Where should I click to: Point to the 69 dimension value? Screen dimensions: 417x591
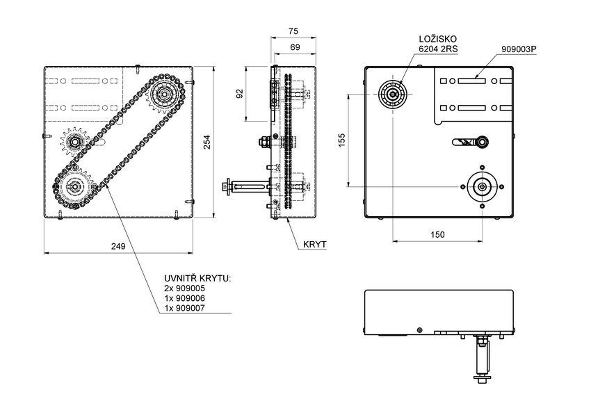[294, 47]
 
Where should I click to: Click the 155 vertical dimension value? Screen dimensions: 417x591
[341, 140]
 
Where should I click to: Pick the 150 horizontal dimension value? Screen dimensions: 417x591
[437, 235]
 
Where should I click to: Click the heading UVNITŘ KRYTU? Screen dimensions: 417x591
[196, 278]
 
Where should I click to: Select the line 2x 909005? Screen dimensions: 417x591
[184, 288]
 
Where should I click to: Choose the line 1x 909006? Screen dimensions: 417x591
[184, 297]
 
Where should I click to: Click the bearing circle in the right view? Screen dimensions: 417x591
[393, 94]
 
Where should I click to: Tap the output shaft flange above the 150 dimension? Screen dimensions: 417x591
[481, 186]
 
